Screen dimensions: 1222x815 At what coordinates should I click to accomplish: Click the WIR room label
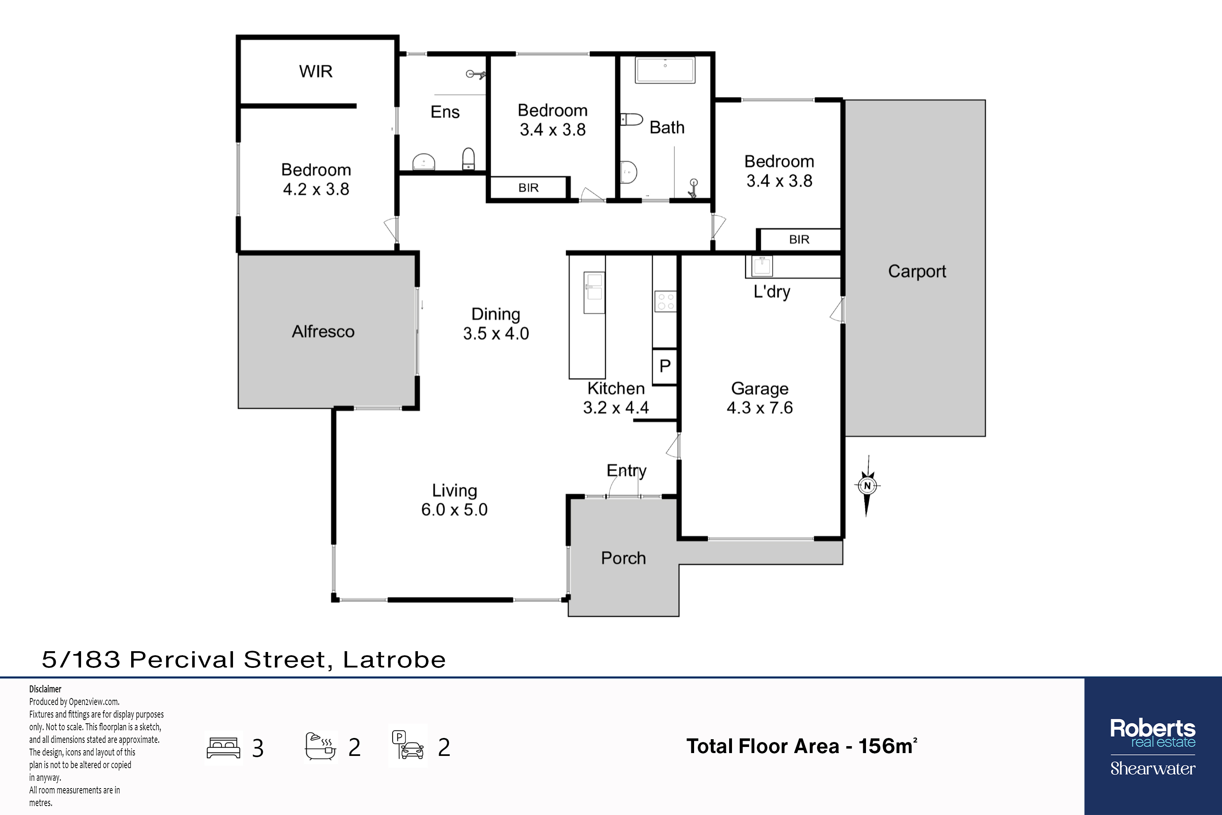point(315,71)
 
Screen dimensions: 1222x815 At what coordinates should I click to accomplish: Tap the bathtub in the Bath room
point(665,70)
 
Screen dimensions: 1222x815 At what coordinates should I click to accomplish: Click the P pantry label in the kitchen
point(664,366)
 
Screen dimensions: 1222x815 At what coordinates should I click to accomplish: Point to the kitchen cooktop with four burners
point(666,302)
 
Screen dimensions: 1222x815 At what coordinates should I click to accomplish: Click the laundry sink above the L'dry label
point(762,266)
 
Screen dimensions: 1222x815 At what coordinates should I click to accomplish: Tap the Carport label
point(917,271)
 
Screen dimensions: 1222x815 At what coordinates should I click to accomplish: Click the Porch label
point(624,558)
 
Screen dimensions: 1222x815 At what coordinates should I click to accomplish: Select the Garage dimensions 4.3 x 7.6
point(760,407)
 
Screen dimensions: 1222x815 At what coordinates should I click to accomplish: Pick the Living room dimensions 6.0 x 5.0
point(454,509)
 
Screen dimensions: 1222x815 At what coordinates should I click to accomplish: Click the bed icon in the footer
point(223,748)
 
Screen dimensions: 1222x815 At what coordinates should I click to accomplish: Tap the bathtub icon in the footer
point(321,747)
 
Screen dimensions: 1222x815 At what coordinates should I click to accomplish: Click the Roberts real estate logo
point(1153,747)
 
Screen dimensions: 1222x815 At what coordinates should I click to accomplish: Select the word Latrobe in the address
point(394,660)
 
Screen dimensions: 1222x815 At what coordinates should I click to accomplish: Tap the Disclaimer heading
point(45,689)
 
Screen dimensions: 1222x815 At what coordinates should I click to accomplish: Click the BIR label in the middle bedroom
point(528,187)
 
